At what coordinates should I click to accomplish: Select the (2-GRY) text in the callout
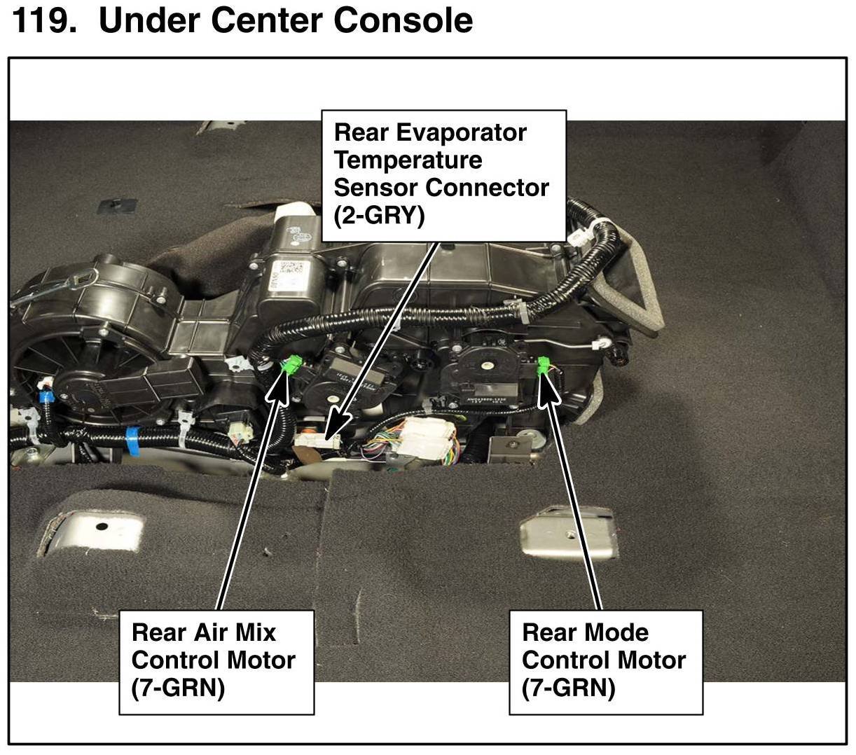[379, 216]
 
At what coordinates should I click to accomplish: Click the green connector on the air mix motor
[293, 365]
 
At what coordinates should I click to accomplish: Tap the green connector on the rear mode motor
[544, 366]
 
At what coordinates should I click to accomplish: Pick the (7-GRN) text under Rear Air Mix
[178, 688]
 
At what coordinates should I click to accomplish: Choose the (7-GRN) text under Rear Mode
[568, 688]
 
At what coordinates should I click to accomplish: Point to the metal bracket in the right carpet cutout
[567, 535]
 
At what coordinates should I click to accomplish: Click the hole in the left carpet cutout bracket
[102, 526]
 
